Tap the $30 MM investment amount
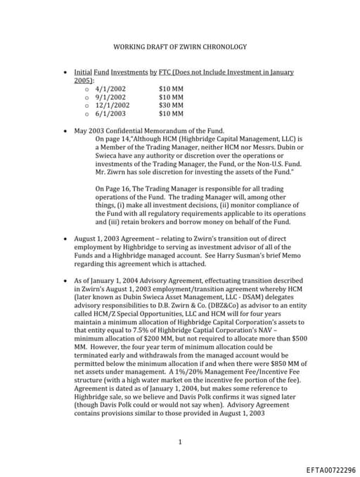[171, 105]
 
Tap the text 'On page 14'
[111, 139]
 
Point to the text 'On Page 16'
[112, 189]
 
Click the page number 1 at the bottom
[180, 443]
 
